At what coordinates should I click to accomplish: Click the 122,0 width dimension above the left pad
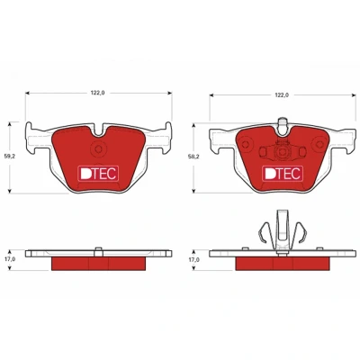(98, 93)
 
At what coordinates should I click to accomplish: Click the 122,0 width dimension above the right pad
(282, 95)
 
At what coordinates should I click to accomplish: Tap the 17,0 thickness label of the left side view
(11, 259)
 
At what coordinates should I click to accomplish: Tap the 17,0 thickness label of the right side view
(194, 260)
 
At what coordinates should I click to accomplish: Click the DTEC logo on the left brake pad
(98, 174)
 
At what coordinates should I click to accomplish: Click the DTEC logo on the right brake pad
(283, 174)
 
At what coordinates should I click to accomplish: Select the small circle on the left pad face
(98, 148)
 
